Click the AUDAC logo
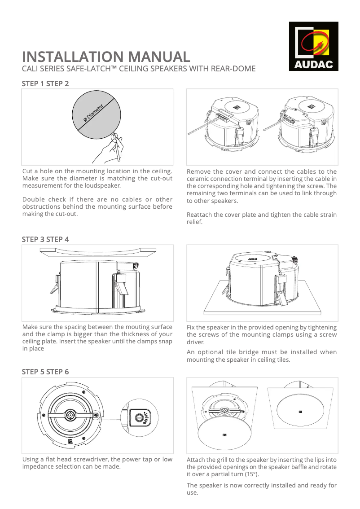tap(313, 46)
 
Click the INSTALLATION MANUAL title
tap(106, 57)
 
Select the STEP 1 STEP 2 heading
tap(45, 83)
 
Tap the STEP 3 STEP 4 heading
tap(45, 239)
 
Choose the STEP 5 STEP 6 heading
tap(45, 372)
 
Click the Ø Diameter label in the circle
tap(93, 113)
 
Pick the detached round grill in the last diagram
tap(224, 434)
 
